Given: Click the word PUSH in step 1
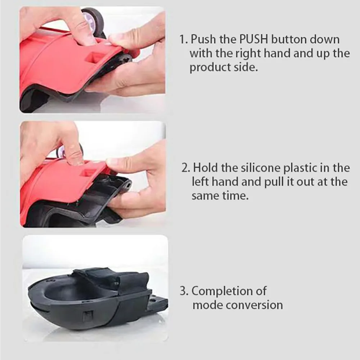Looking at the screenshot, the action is (254, 39).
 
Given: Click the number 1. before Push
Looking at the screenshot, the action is (184, 40).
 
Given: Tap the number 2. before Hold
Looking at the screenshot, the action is (186, 168).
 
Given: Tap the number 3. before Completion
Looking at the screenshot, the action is (184, 291).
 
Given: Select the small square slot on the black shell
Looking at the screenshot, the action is (87, 317).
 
